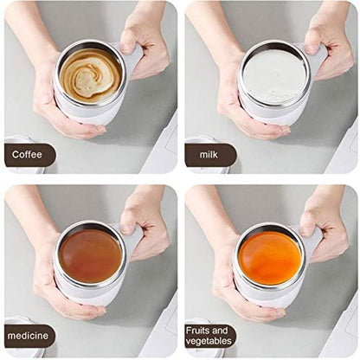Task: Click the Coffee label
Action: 29,156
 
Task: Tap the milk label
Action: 209,156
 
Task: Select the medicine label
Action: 29,336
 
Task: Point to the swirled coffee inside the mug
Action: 90,75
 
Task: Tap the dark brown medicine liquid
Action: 90,254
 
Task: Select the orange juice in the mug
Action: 269,256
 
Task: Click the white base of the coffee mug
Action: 87,115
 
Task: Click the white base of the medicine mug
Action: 87,294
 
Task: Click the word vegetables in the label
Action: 210,342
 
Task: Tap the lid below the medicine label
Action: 22,353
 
